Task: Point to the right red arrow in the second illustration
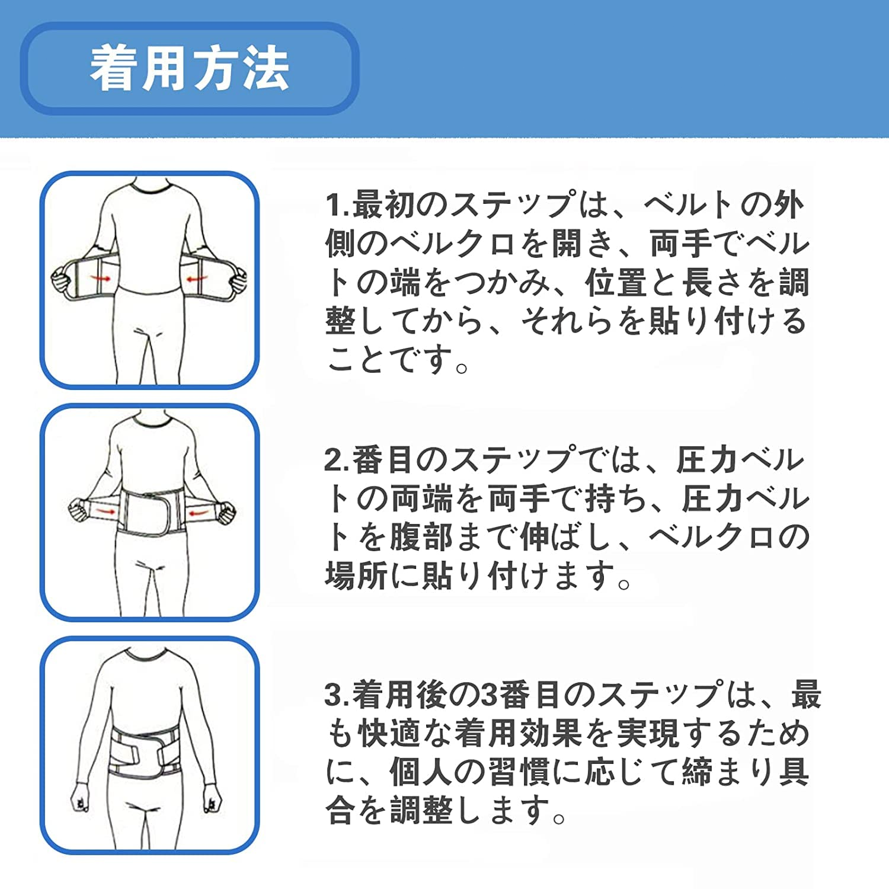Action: click(x=199, y=509)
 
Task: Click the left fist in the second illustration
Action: click(x=78, y=510)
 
